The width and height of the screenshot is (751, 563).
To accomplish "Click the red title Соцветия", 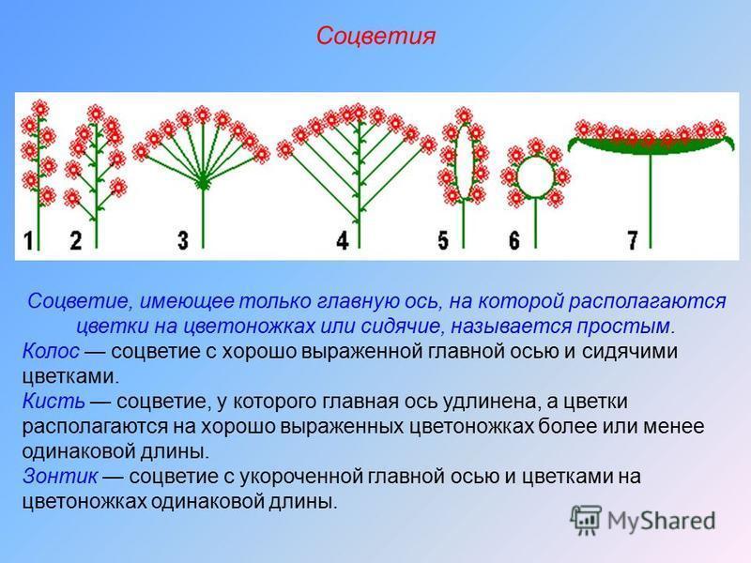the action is [375, 37].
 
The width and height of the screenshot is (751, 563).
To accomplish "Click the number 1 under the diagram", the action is [28, 240].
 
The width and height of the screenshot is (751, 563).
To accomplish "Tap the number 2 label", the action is [76, 240].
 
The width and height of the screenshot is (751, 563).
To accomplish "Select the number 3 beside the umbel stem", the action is [182, 240].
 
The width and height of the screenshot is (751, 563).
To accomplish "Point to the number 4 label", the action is [343, 240].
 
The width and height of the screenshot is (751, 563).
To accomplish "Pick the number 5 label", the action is [443, 240].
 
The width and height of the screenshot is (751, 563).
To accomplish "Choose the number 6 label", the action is [513, 240].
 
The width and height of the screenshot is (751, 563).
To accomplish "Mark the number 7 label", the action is [633, 240].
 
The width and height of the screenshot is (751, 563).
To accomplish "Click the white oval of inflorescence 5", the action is [464, 161].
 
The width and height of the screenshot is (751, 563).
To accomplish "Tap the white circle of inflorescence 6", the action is [535, 176].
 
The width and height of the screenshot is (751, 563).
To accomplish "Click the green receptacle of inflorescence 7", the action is [651, 145].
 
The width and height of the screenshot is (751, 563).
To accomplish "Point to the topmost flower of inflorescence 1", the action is [39, 109].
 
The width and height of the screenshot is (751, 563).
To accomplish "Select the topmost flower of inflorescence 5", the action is [463, 115].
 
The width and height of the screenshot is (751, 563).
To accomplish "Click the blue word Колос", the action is [51, 351].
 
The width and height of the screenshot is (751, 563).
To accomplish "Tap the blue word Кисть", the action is [54, 401].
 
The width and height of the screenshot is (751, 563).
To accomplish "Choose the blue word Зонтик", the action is [60, 476].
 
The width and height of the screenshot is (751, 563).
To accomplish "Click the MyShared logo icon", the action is [586, 520].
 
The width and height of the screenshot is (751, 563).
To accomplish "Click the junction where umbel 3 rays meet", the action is [203, 182].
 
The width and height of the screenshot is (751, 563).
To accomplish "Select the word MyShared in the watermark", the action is [662, 521].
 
